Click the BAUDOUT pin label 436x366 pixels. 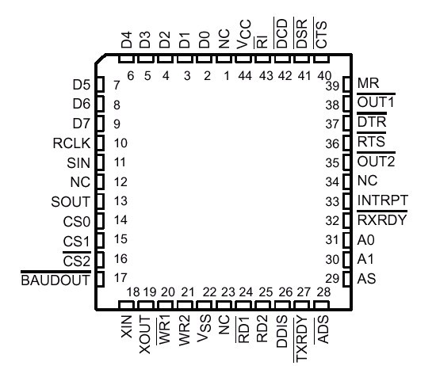coord(55,280)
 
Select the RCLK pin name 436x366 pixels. coord(71,143)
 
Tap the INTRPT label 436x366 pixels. coord(383,200)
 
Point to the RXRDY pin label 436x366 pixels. coord(382,219)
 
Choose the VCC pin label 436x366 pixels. coord(244,34)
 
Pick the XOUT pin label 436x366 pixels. coord(144,334)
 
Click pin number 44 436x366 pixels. coord(245,75)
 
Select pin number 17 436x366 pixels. coord(120,277)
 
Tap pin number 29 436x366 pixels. coord(332,278)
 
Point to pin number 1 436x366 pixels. coord(227,75)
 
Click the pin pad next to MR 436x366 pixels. coord(346,84)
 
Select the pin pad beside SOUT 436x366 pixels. coord(100,201)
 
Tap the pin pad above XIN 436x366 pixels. coord(126,305)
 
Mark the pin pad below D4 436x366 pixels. coord(127,59)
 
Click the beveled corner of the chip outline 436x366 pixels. coord(101,59)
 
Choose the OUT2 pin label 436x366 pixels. coord(376,162)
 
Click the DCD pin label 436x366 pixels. coord(282,33)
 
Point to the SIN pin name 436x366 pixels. coord(78,163)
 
